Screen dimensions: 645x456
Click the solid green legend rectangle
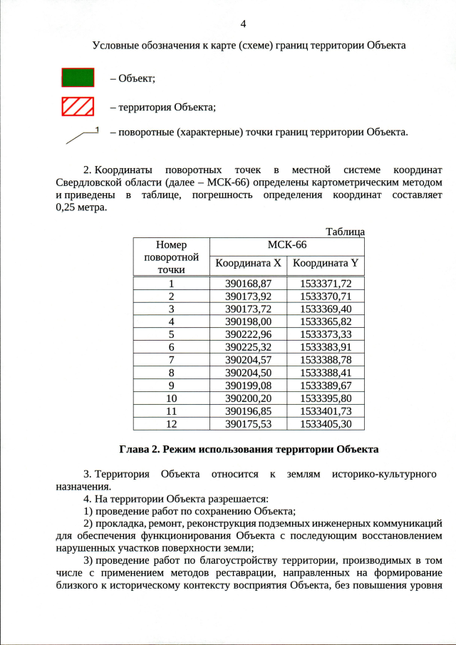[x=78, y=77]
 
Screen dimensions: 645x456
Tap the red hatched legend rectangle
[x=78, y=107]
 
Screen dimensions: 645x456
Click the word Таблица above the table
[x=345, y=232]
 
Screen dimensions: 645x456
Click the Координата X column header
[x=249, y=263]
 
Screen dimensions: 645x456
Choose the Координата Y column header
[x=326, y=263]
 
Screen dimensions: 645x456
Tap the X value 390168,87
[x=249, y=283]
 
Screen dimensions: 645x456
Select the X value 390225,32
[x=249, y=346]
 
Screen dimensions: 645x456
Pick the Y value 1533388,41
[x=326, y=372]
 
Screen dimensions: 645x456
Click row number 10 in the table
[x=171, y=398]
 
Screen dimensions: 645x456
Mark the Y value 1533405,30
[x=326, y=423]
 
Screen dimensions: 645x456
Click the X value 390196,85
[x=249, y=411]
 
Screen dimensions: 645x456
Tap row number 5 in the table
[x=171, y=334]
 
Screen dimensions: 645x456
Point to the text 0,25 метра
[x=81, y=207]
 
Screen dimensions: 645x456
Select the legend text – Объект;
[x=132, y=78]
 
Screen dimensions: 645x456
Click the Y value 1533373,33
[x=326, y=334]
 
